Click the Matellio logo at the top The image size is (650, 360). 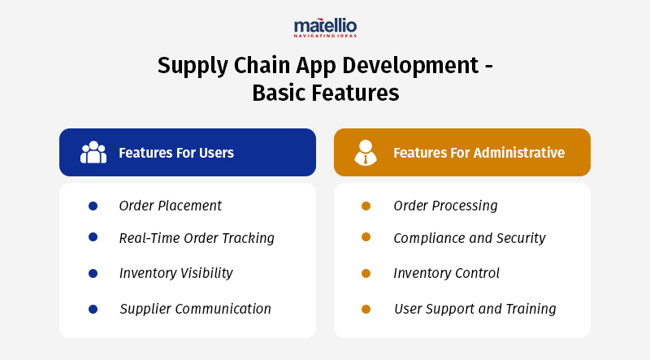coord(325,28)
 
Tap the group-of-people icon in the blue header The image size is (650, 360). coord(93,153)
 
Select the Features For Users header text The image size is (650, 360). coord(176,153)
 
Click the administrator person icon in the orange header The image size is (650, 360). coord(366,153)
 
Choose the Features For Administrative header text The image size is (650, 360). coord(479,153)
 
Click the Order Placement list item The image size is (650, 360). coord(170,206)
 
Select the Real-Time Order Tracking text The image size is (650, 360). coord(197,238)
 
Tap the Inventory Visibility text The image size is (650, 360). coord(175,273)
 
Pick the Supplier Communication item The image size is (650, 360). coord(195,309)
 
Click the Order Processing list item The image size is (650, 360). coord(445,206)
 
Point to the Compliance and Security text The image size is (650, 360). coord(469,238)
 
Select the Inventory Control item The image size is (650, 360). coord(446,273)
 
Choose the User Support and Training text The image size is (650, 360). coord(474,309)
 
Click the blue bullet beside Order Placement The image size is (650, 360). coord(93,206)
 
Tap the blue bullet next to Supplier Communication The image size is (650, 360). coord(93,309)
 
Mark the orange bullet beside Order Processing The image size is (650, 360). coord(366,206)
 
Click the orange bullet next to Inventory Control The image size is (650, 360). coord(366,273)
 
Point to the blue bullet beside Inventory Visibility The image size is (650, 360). coord(93,273)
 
